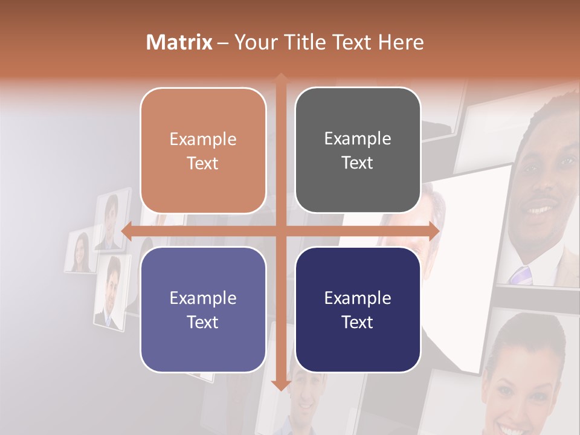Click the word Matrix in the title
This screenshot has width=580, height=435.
[x=179, y=42]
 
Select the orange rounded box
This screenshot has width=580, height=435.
[x=203, y=150]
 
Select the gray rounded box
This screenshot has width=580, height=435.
[x=358, y=150]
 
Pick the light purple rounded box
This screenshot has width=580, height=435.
[x=203, y=309]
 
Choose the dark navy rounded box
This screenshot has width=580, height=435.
[x=358, y=309]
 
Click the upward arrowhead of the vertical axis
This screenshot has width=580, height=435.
[x=280, y=79]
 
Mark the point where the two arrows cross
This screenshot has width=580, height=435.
[x=280, y=231]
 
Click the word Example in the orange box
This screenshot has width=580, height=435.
[x=203, y=140]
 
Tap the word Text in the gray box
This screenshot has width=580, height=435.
[x=358, y=163]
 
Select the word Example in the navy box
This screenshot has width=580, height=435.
[x=358, y=298]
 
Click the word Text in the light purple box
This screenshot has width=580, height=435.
[x=203, y=322]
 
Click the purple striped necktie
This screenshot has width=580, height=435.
[x=520, y=275]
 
